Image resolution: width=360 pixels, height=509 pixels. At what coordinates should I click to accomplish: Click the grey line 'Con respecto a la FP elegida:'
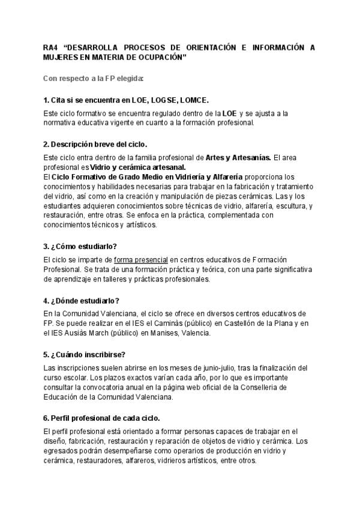[93, 79]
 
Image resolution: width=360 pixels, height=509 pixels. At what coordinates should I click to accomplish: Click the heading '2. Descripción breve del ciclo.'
[95, 145]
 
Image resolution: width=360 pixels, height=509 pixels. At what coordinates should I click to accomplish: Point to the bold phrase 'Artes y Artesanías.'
[238, 157]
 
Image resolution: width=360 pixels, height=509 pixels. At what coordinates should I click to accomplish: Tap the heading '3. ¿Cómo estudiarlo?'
[80, 247]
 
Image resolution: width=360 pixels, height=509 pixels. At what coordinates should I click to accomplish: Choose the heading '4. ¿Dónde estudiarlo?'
[82, 300]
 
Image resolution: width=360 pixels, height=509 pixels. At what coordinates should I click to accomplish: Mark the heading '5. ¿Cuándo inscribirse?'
[84, 354]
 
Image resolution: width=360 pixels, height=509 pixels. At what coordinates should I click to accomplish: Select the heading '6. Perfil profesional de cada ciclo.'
[101, 417]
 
